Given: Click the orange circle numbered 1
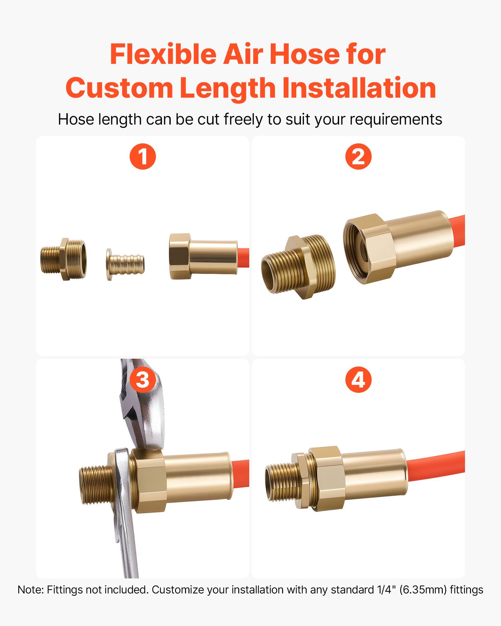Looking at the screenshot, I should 143,156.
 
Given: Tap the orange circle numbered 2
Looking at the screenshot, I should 358,156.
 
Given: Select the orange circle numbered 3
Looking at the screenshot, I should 143,380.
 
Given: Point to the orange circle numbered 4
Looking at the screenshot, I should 358,380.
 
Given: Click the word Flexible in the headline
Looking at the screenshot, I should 163,54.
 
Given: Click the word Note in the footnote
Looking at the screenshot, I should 30,590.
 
